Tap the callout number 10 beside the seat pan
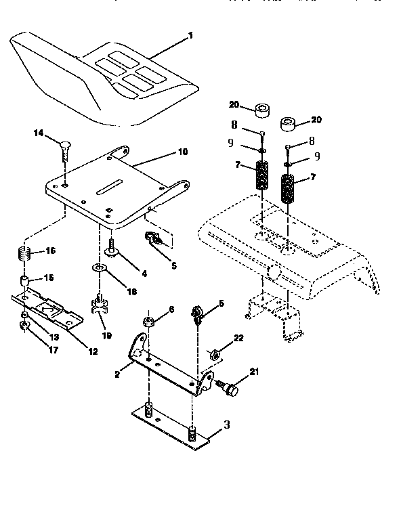pos(182,152)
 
